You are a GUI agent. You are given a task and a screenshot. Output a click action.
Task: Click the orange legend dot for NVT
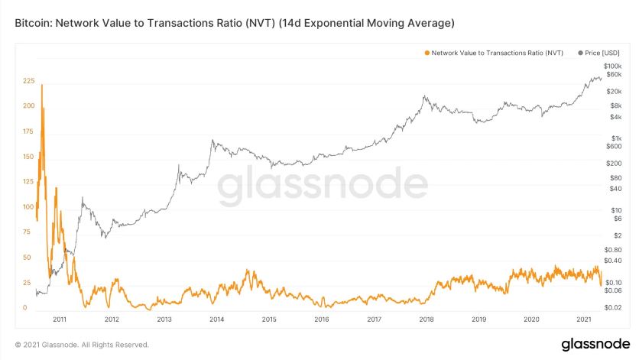[426, 53]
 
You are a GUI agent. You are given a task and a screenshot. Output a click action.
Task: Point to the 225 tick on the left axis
[29, 80]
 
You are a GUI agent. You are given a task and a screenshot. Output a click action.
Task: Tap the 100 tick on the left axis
[29, 207]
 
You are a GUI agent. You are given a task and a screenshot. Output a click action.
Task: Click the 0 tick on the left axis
[24, 308]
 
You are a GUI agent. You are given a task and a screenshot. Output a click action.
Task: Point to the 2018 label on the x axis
[427, 319]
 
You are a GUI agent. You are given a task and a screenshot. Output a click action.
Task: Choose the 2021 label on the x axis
[584, 319]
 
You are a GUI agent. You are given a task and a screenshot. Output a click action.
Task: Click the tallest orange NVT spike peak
[42, 85]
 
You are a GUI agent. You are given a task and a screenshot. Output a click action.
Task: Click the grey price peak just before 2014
[212, 141]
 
